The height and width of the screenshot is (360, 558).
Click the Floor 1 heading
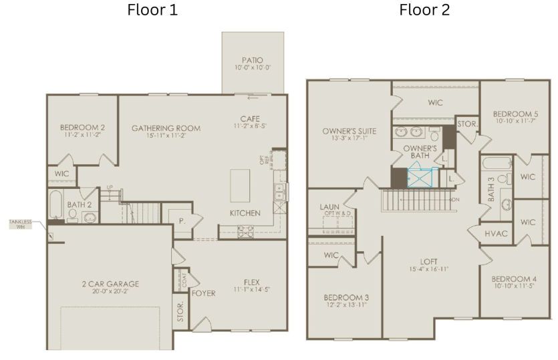point(152,10)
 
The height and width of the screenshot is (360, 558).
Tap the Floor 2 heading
point(424,10)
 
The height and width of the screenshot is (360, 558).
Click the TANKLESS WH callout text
point(20,224)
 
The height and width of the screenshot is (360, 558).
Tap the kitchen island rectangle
point(241,185)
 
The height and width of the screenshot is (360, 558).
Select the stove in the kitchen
point(245,231)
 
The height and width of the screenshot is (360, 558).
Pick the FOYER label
point(204,293)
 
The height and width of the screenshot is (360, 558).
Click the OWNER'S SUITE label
point(349,131)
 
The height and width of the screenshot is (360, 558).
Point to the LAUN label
point(329,207)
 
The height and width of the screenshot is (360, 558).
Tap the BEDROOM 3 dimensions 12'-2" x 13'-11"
point(347,305)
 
